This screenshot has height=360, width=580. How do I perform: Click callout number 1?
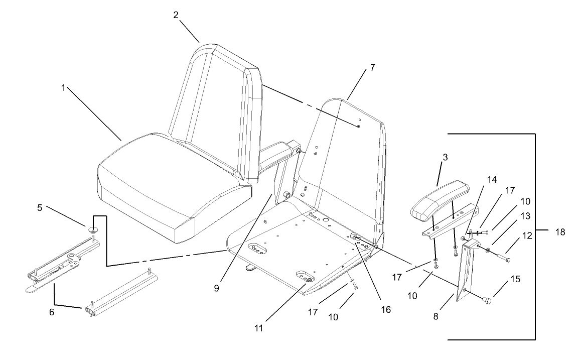(63, 87)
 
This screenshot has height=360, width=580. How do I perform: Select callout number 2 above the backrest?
(176, 15)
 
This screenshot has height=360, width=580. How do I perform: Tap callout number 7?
(372, 68)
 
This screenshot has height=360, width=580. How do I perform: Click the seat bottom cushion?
(166, 191)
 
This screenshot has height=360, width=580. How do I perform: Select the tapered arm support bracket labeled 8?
(464, 274)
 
